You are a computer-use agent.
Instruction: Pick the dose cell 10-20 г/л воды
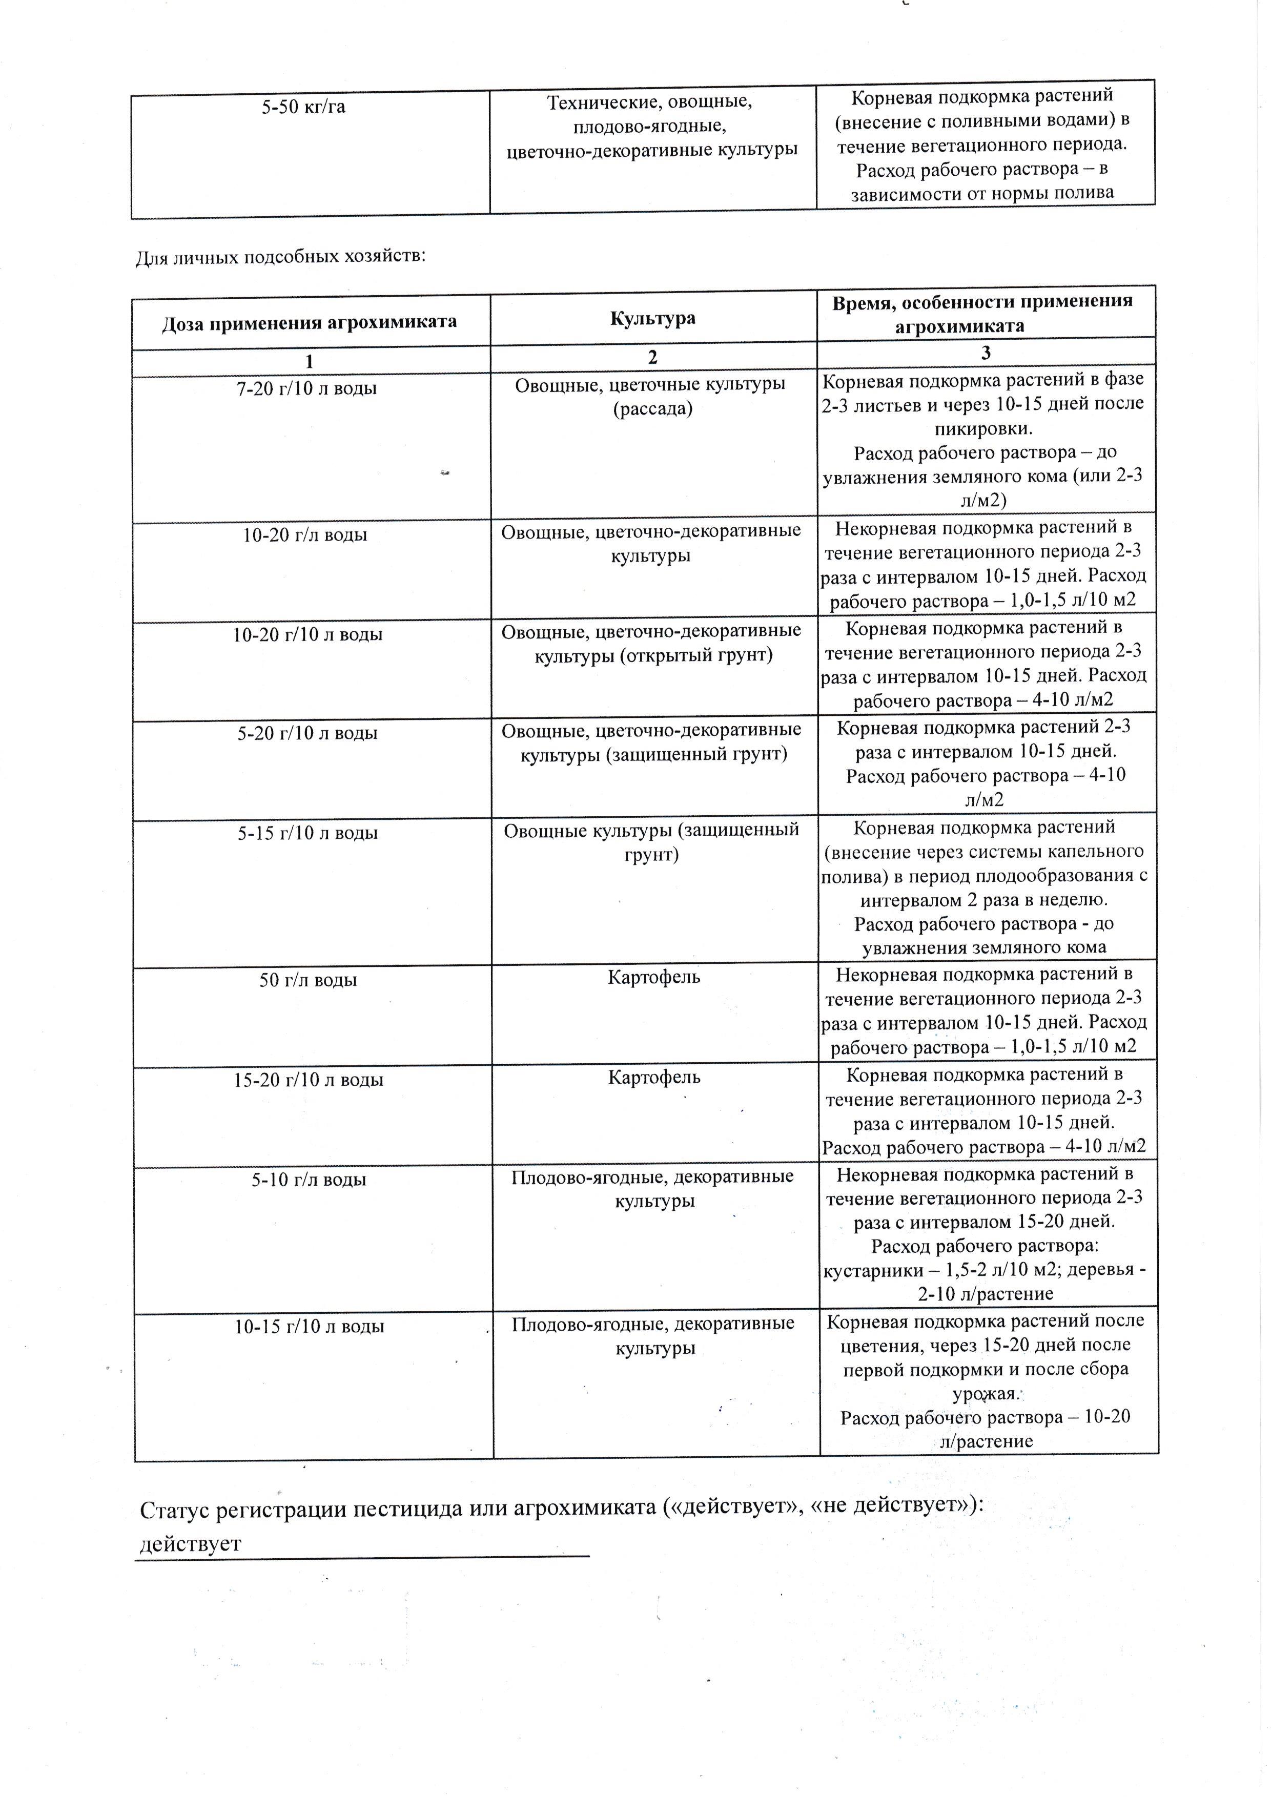tap(305, 535)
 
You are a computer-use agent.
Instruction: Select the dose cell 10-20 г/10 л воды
tap(307, 635)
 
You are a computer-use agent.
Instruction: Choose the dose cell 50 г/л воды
tap(309, 980)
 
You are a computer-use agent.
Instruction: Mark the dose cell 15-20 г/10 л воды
tap(309, 1080)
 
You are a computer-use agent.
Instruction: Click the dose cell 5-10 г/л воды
tap(309, 1180)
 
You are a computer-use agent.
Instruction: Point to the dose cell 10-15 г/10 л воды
tap(309, 1327)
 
